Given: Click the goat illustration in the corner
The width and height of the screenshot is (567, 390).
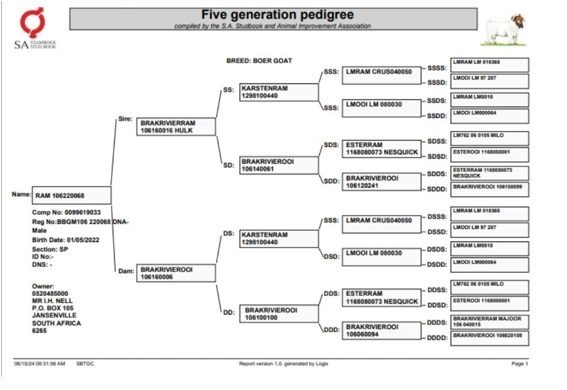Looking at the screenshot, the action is coord(503,29).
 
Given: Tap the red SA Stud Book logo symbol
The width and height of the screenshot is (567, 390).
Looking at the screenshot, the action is coord(32,23).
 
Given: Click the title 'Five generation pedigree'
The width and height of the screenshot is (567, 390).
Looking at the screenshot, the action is coord(277,15).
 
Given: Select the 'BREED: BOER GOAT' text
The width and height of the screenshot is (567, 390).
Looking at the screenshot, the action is coord(259,61).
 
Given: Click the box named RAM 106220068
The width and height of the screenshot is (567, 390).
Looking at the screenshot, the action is coord(71,196).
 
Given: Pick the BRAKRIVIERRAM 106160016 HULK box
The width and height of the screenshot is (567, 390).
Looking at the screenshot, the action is coord(176,126).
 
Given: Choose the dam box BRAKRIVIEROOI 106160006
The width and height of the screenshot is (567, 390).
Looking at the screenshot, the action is coord(176,273).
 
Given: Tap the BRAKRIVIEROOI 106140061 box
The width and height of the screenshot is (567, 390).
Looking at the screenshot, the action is coord(279,165).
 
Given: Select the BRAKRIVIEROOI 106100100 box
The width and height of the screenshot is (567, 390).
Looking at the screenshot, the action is coord(279,313).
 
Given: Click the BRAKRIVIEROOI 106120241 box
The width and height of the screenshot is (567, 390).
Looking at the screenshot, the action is coord(382,182).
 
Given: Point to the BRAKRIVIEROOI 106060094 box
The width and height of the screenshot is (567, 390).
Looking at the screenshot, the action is coord(382,330).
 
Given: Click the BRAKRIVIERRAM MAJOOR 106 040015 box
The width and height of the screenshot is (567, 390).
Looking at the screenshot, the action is coord(490,321).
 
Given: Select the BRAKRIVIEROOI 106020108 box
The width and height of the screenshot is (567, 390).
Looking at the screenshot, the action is coord(490,338).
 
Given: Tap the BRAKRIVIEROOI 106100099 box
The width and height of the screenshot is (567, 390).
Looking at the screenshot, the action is coord(490,189).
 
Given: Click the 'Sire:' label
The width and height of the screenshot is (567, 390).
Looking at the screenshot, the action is coord(125,119).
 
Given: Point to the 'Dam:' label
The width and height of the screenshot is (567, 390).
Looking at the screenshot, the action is coord(126,271).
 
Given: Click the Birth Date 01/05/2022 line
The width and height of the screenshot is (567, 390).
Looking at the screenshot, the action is coord(65,240).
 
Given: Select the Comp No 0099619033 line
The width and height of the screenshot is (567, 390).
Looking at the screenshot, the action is coord(66,213).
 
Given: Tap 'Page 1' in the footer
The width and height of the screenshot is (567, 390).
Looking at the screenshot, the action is coord(519,363).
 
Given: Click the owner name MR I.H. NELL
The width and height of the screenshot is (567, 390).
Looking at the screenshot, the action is coord(52,301).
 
